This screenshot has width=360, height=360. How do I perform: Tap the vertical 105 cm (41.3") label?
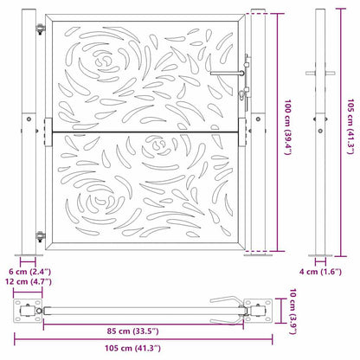pos(350,130)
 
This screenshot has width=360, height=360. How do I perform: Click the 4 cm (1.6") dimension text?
pos(321,272)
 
